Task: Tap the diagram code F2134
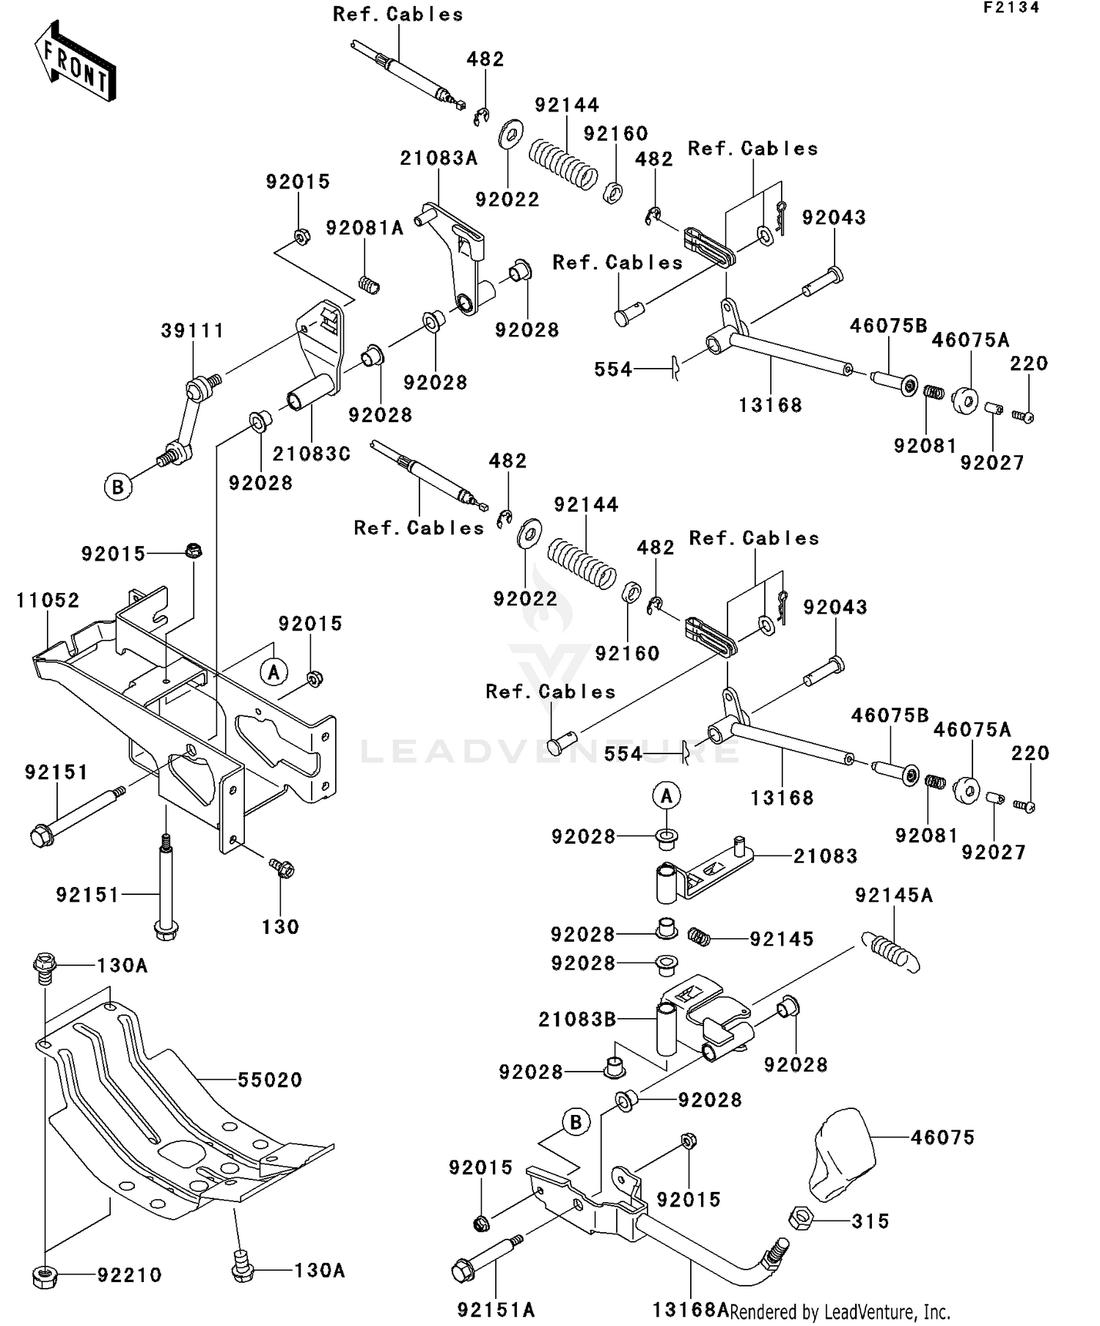[1011, 8]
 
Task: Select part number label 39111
[192, 331]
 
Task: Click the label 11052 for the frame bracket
[48, 600]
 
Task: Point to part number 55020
[270, 1080]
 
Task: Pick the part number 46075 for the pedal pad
[942, 1138]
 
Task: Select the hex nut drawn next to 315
[801, 1220]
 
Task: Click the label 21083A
[439, 158]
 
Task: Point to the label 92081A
[364, 228]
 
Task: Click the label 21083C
[312, 454]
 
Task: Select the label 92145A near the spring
[894, 896]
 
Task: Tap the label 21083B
[577, 1020]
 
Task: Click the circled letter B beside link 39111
[118, 487]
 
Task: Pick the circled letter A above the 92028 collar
[667, 795]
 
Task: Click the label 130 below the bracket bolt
[280, 927]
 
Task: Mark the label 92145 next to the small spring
[782, 940]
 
